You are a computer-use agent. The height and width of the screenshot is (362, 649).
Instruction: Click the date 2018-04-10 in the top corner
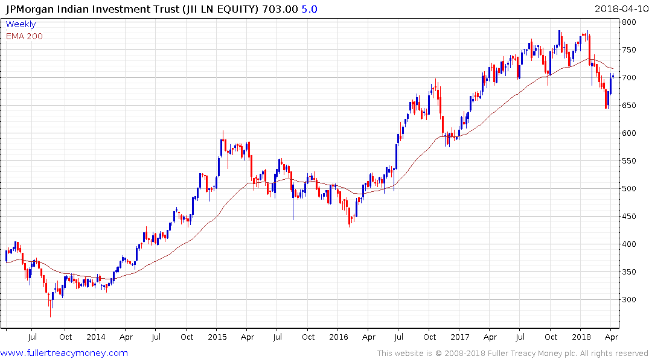tap(620, 8)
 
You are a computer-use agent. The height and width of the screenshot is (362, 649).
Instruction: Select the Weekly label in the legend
tap(21, 25)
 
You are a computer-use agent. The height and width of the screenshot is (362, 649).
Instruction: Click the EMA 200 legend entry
tap(24, 36)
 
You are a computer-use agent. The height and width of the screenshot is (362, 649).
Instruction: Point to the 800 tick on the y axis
tap(629, 22)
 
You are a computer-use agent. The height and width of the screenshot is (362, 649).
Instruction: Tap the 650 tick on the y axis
tap(629, 106)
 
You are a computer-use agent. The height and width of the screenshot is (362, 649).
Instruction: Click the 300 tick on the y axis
tap(629, 300)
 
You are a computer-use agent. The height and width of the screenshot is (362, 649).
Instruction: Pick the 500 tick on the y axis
tap(629, 189)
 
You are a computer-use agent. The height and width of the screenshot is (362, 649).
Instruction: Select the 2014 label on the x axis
tap(95, 337)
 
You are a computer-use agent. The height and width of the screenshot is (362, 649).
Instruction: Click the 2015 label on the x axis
tap(217, 337)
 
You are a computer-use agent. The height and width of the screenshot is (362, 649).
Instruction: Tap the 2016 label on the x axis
tap(338, 337)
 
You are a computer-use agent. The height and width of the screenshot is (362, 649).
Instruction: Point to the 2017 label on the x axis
tap(460, 337)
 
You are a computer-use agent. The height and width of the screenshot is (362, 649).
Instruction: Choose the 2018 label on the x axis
tap(581, 337)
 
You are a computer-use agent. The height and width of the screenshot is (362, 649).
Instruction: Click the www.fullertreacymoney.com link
tap(64, 353)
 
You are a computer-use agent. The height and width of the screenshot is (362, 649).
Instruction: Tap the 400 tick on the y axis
tap(629, 244)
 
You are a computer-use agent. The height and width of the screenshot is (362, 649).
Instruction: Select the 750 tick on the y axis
tap(629, 50)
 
